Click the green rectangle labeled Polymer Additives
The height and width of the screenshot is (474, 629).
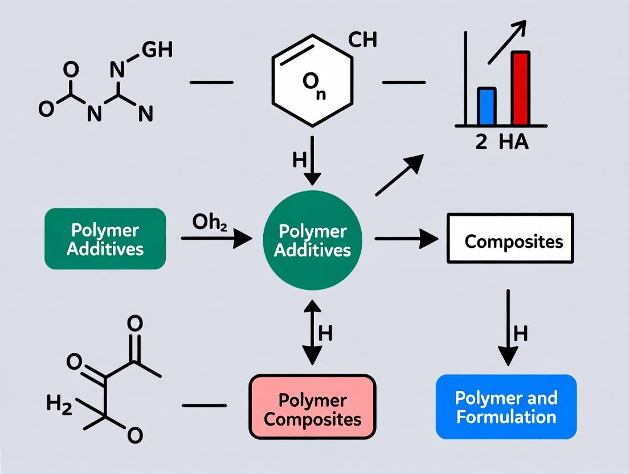(105, 239)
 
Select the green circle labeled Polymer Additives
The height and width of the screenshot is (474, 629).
(312, 240)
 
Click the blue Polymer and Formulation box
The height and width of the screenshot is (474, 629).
(506, 407)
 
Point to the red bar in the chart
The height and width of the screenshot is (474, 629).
(521, 88)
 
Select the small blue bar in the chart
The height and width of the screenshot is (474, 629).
(486, 106)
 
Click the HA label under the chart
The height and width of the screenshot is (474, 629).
(513, 142)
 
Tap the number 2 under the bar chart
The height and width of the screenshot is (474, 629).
(481, 142)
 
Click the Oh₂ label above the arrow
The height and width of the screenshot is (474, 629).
(210, 222)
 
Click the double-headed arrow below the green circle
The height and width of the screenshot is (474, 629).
(312, 333)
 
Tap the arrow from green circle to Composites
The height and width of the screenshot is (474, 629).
(406, 239)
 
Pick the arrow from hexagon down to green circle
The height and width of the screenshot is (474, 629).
(312, 161)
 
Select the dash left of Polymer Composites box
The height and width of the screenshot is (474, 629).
(203, 406)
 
